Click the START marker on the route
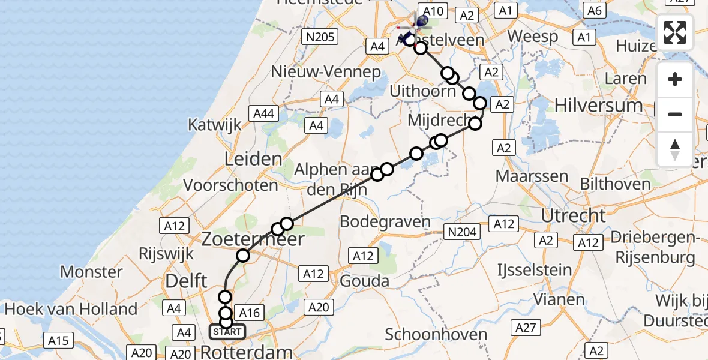pyautogui.click(x=227, y=332)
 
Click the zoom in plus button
pyautogui.click(x=675, y=80)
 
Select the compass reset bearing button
pyautogui.click(x=675, y=148)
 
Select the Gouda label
pyautogui.click(x=364, y=280)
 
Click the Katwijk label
pyautogui.click(x=214, y=125)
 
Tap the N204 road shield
pyautogui.click(x=460, y=232)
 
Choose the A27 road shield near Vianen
pyautogui.click(x=526, y=327)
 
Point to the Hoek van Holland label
pyautogui.click(x=71, y=310)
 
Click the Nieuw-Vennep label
pyautogui.click(x=326, y=72)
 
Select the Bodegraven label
pyautogui.click(x=385, y=221)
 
